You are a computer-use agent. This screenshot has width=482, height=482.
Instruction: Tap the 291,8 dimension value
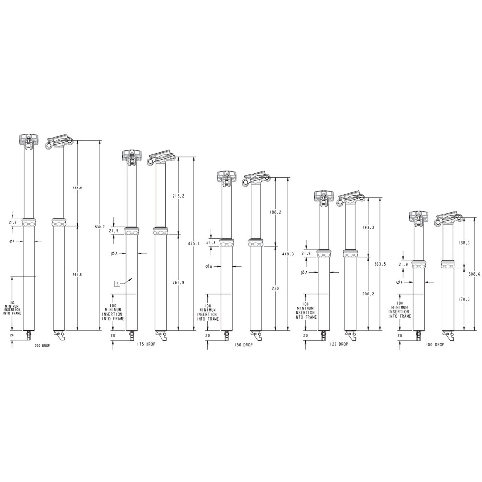pos(77,275)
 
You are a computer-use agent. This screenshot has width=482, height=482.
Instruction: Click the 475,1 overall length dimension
pos(194,243)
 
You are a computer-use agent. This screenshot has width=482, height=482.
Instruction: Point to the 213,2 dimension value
pos(179,196)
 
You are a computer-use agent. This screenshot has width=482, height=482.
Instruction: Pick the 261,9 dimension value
pos(179,282)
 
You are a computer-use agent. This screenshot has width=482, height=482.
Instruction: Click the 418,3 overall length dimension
pos(288,254)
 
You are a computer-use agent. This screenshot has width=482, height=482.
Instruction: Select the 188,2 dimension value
pos(275,212)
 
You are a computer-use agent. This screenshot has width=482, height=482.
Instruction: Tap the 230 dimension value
pos(275,288)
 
